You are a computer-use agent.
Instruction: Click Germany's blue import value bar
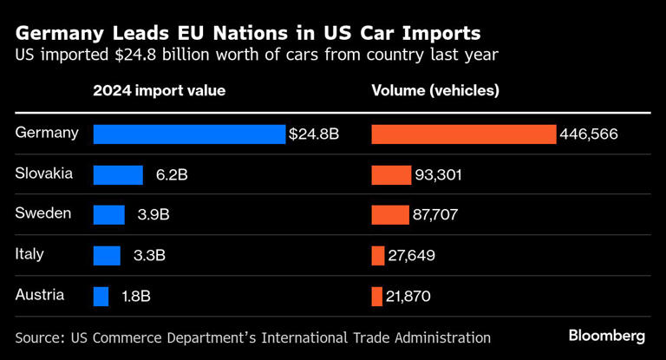click(x=188, y=134)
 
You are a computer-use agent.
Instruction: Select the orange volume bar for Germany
click(x=463, y=134)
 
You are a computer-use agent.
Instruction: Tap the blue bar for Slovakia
click(x=118, y=175)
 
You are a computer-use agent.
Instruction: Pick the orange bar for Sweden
click(x=390, y=215)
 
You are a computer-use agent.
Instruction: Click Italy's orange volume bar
click(x=378, y=256)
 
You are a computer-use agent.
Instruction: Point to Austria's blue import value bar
click(x=101, y=296)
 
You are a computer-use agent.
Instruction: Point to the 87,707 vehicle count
click(x=436, y=215)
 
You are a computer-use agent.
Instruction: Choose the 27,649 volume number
click(x=412, y=256)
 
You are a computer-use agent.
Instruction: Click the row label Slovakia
click(x=44, y=173)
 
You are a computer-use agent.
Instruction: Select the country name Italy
click(x=29, y=254)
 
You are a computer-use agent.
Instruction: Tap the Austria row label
click(x=40, y=294)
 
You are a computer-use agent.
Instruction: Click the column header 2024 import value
click(x=159, y=90)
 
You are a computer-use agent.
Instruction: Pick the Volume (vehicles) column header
click(x=435, y=90)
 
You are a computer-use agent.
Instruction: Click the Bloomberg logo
click(x=607, y=336)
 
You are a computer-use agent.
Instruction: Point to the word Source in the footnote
click(x=38, y=337)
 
